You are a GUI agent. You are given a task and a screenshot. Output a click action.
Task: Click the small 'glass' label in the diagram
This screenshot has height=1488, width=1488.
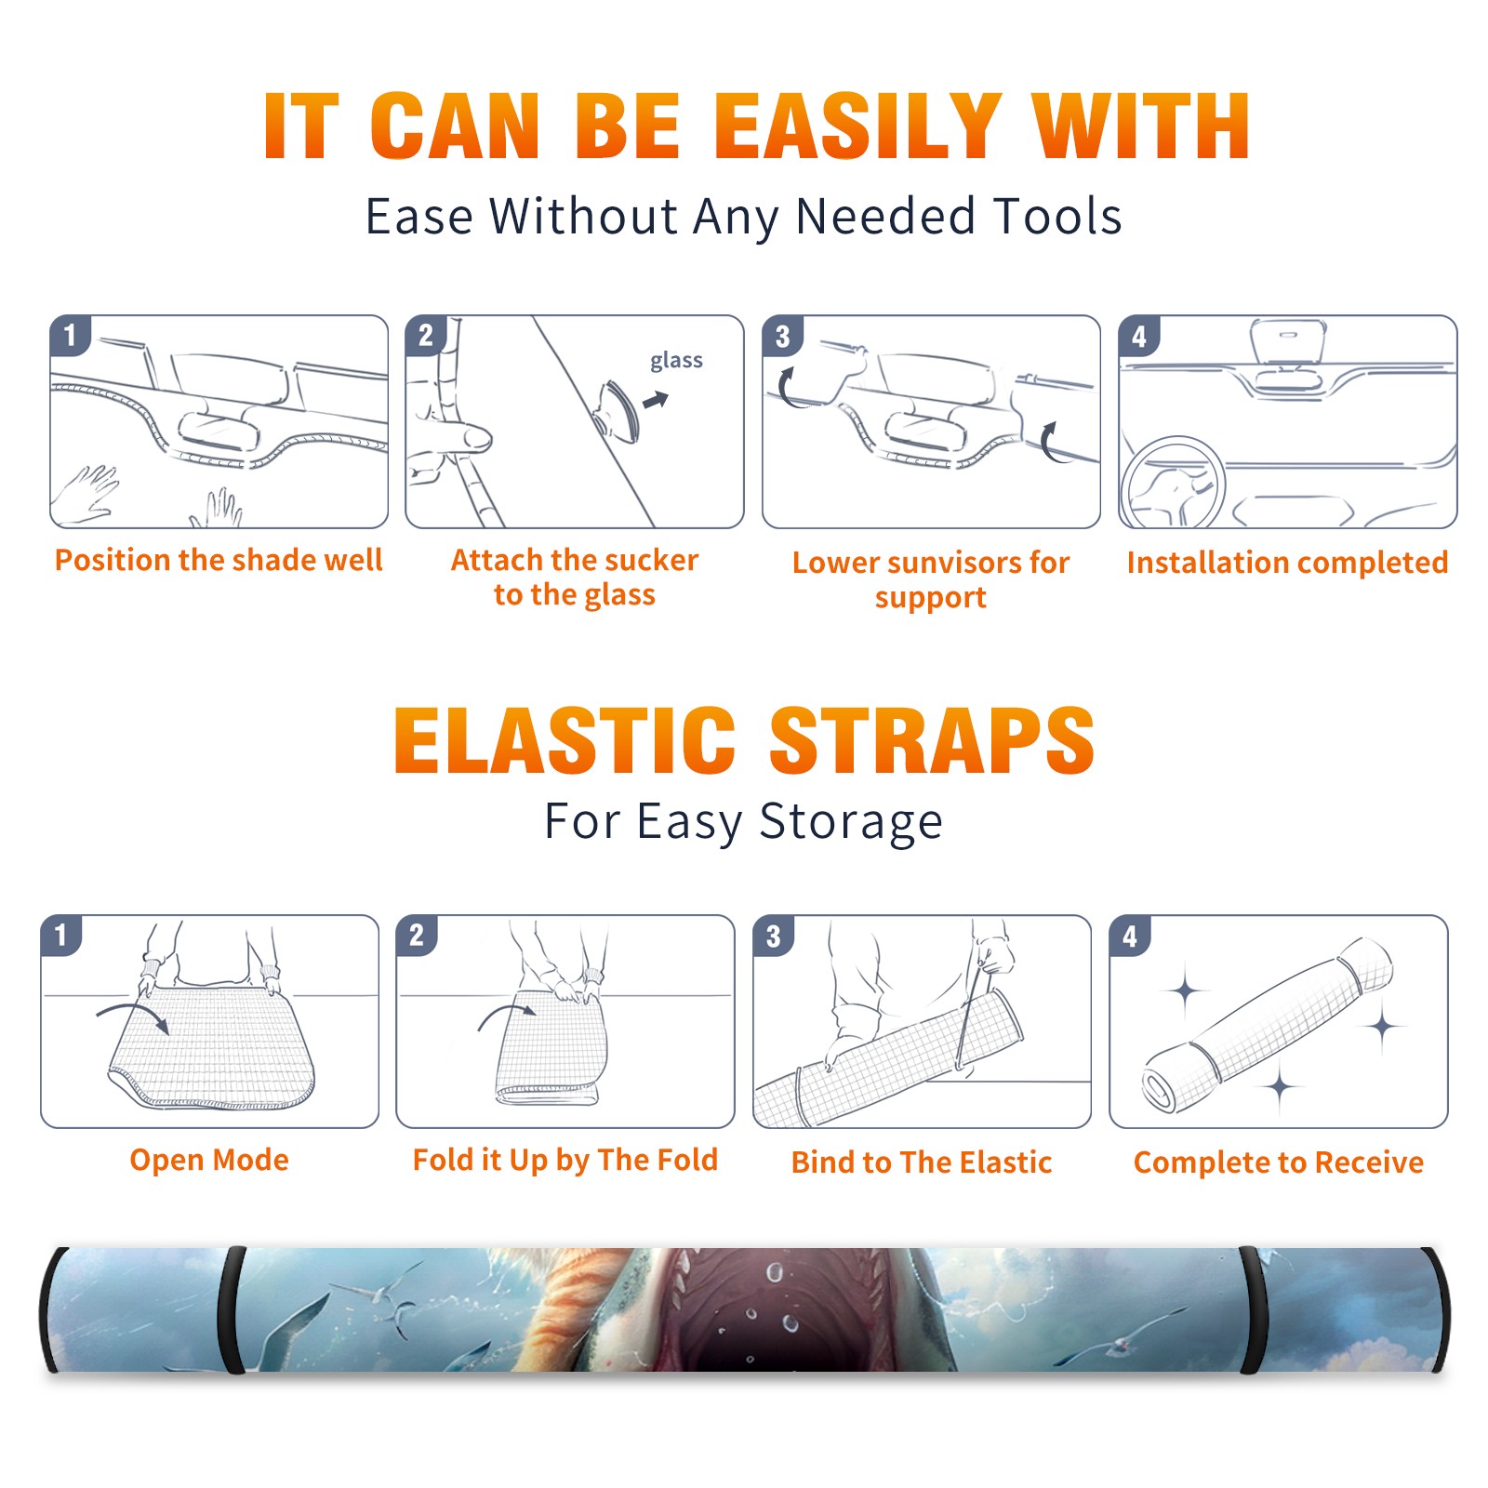[x=676, y=361]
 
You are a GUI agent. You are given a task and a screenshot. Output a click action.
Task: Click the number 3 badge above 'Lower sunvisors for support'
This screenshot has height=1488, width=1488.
[x=782, y=336]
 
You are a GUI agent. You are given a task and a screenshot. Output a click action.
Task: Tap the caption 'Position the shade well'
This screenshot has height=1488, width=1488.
[x=219, y=560]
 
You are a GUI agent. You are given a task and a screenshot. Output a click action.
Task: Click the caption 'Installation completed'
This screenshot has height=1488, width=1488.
[x=1287, y=563]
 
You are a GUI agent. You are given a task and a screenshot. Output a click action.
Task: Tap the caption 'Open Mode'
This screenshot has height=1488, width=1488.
[x=209, y=1160]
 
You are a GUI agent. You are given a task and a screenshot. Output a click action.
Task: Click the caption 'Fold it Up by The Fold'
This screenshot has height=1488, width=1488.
[x=565, y=1161]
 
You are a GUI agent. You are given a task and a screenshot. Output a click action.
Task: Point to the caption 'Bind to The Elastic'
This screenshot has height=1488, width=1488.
[x=922, y=1162]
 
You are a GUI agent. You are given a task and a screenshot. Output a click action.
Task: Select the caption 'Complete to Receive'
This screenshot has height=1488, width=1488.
[x=1279, y=1162]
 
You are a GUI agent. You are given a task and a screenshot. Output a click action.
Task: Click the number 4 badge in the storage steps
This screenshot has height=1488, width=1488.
[x=1130, y=936]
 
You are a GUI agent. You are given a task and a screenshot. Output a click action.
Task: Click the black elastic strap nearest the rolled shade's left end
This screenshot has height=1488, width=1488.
[x=232, y=1309]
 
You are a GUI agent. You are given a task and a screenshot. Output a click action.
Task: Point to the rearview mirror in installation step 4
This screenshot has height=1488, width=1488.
[x=1288, y=341]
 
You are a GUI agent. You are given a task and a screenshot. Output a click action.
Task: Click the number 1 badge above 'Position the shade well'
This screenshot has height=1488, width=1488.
[x=70, y=336]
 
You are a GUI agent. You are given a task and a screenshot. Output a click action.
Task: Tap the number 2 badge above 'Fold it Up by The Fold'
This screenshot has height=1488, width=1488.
[x=417, y=936]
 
